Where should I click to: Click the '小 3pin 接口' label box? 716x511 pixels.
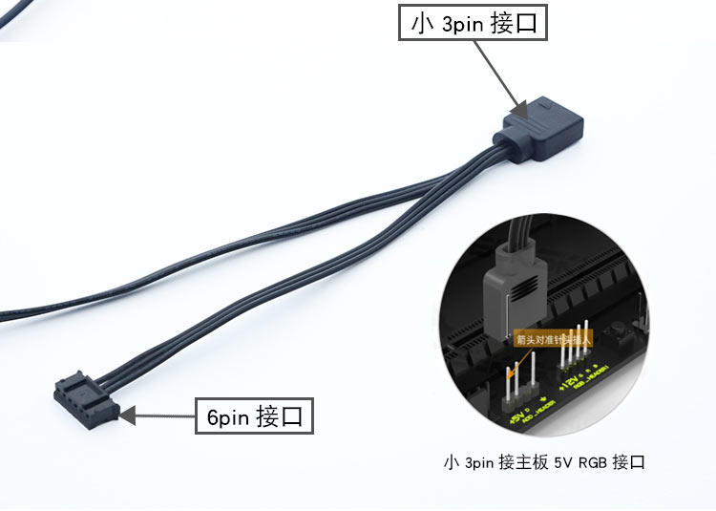point(474,24)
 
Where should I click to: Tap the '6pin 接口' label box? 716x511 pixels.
point(254,416)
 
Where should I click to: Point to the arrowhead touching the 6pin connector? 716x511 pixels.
point(127,415)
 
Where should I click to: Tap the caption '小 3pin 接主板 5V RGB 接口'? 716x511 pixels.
point(544,463)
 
